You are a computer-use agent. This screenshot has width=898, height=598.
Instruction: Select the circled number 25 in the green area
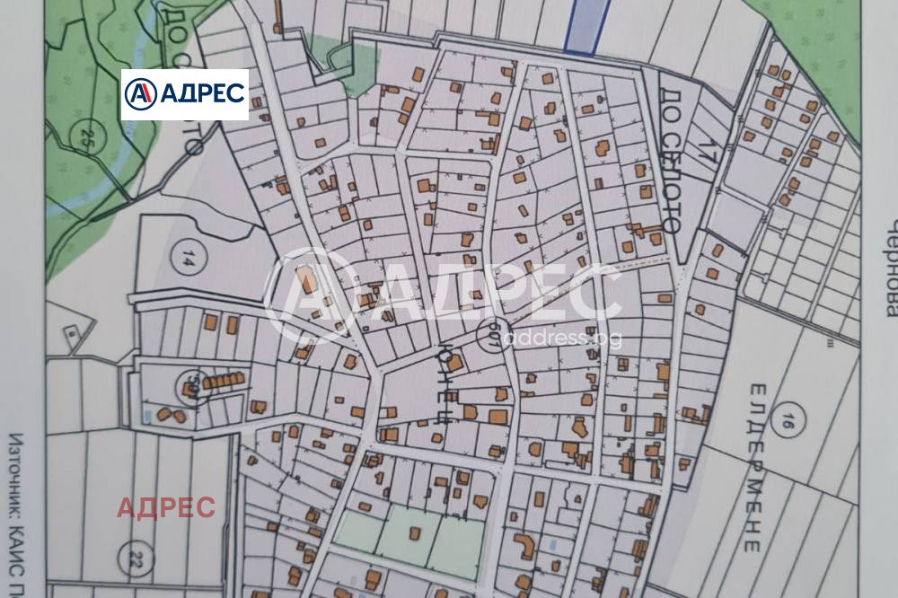click(86, 138)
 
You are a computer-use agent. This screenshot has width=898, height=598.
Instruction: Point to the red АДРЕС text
click(166, 507)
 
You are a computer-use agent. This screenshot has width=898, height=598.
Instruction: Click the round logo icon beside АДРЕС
click(140, 94)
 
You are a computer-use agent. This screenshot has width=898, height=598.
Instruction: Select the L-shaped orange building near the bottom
click(523, 547)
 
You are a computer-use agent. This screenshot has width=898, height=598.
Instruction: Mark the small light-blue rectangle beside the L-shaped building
click(551, 544)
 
